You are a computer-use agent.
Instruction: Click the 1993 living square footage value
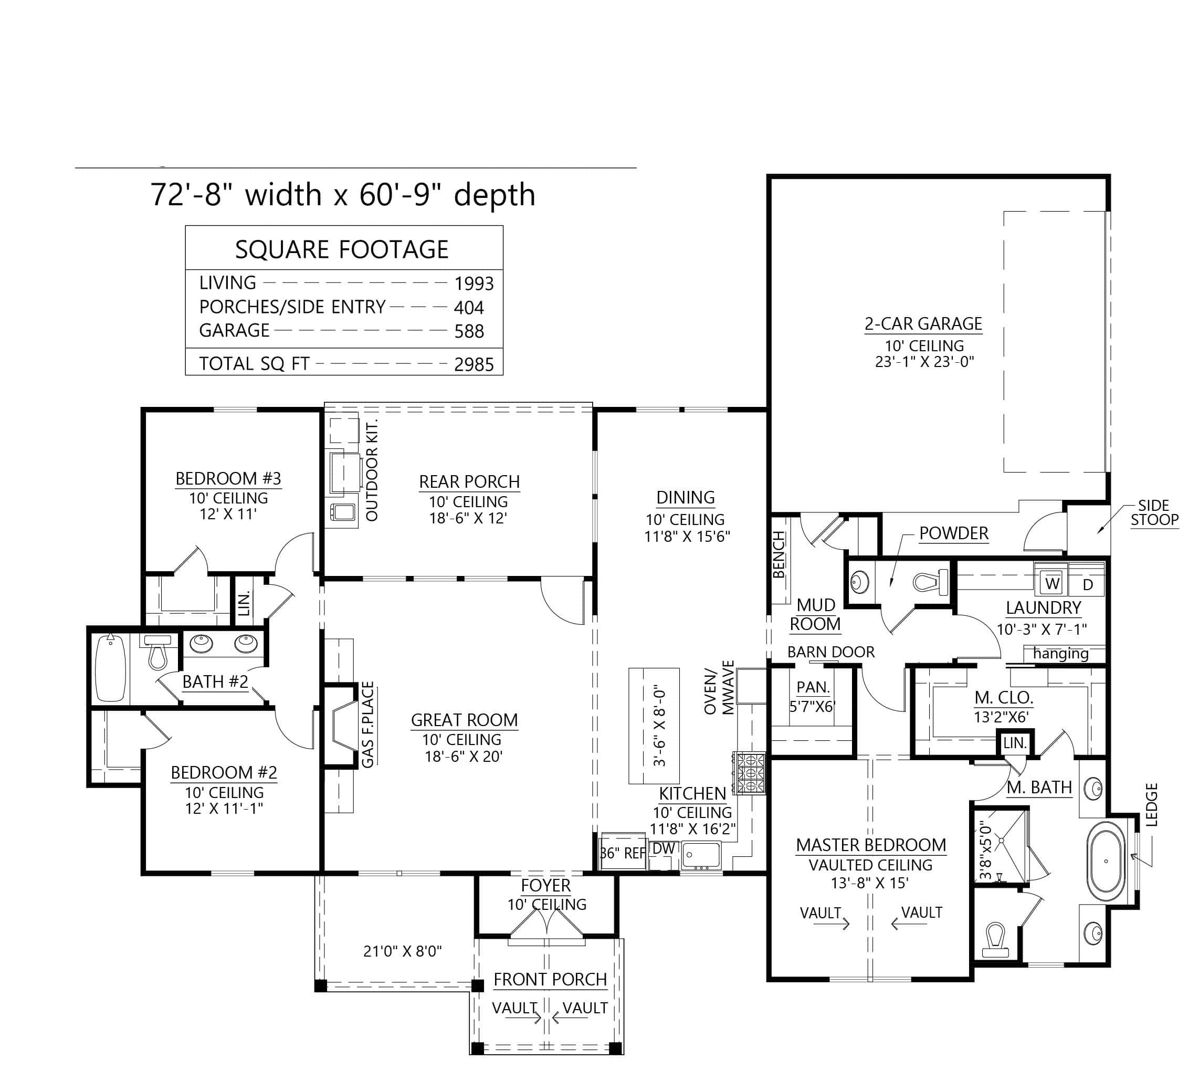474,284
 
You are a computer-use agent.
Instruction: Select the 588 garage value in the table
469,331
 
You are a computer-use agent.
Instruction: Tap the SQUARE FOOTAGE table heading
341,249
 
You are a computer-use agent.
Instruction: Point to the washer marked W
1052,584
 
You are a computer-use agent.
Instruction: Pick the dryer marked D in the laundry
1088,585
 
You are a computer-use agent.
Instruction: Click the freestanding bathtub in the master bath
1106,861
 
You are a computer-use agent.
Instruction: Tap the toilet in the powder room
931,581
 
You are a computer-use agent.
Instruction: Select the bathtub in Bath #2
111,667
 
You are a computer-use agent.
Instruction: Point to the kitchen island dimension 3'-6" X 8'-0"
659,728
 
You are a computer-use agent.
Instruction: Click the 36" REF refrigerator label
623,853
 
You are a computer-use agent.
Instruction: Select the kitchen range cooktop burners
750,773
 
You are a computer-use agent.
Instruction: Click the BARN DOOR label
830,652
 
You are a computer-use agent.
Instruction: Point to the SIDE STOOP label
1153,512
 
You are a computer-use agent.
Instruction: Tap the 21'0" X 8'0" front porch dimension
402,951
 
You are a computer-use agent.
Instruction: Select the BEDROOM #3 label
228,478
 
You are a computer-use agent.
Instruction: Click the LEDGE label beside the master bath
1151,805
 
